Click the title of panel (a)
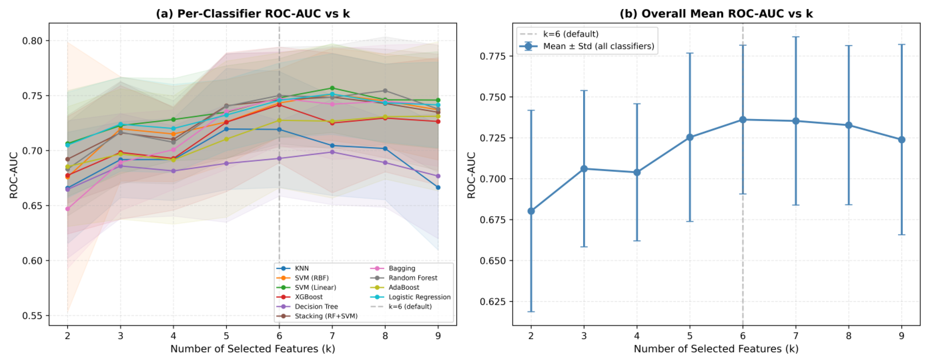pos(253,14)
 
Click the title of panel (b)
pos(716,14)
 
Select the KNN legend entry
pos(293,268)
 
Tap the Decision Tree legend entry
pos(307,307)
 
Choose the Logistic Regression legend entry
pos(410,297)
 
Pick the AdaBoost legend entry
pos(395,288)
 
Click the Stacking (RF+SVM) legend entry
pos(317,316)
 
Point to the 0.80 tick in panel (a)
pos(33,41)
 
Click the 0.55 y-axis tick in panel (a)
pos(33,316)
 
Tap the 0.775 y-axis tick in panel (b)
pos(493,56)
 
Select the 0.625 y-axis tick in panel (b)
pos(493,301)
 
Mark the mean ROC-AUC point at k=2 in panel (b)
pos(531,211)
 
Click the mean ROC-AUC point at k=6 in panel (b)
pos(743,120)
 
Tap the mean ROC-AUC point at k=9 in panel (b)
pos(902,140)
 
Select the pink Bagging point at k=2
pos(68,209)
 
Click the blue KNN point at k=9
pos(438,188)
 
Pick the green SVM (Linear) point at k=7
pos(332,88)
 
